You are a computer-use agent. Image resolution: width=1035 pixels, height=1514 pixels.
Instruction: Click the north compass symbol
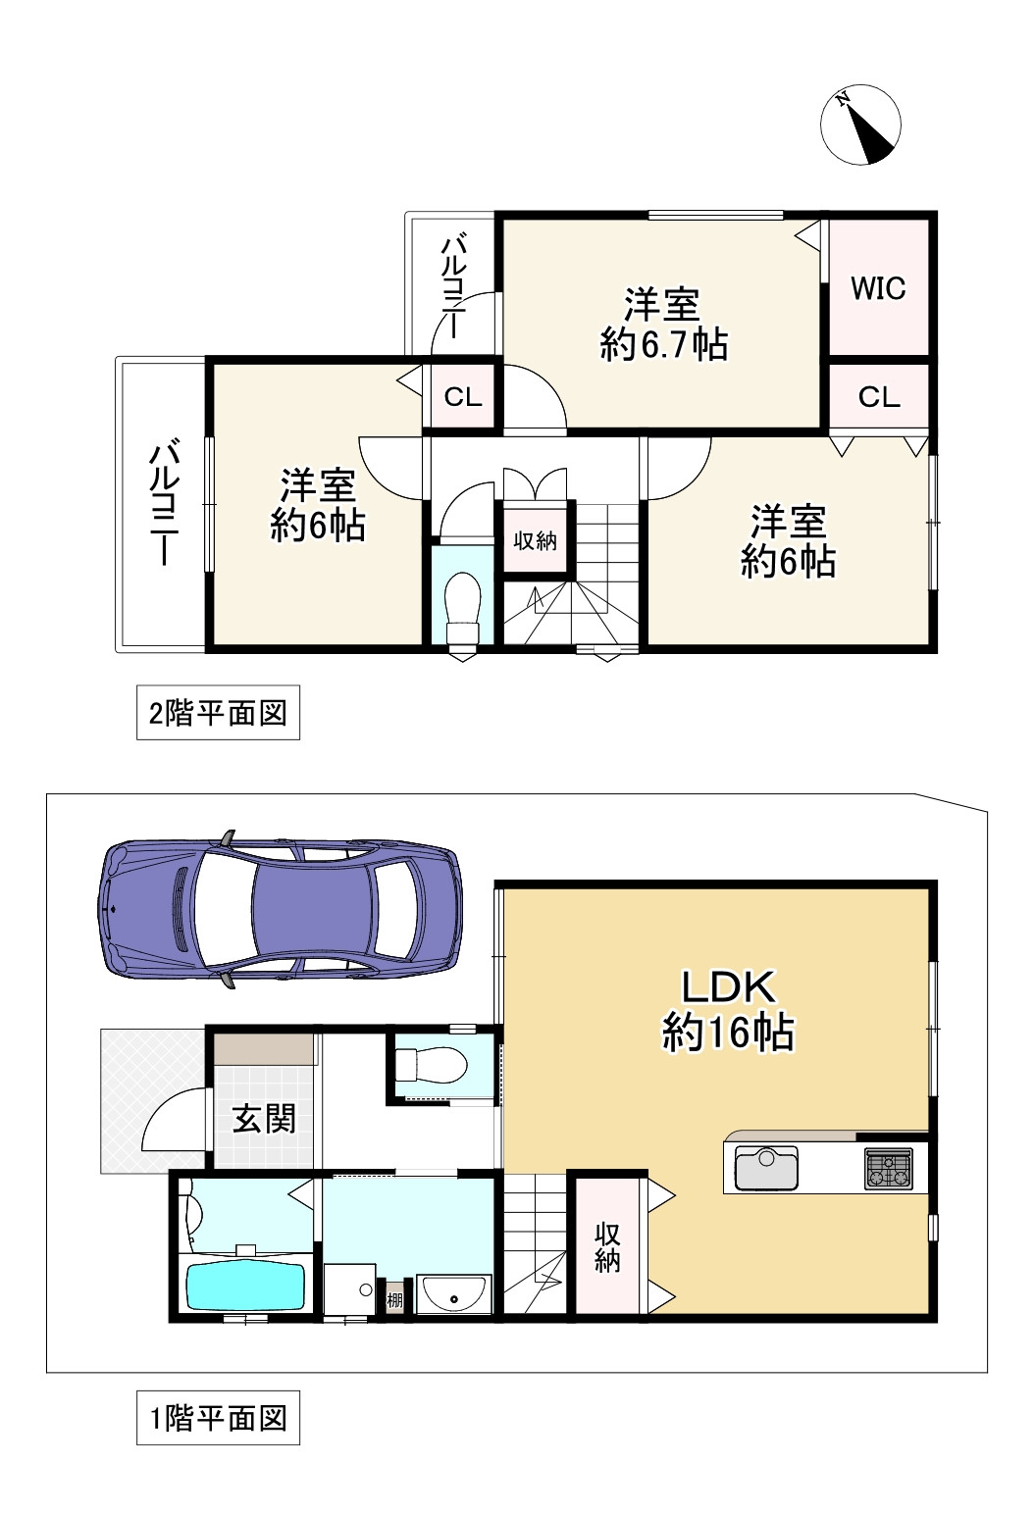click(860, 125)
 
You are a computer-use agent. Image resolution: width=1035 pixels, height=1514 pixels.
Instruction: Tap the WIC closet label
click(878, 288)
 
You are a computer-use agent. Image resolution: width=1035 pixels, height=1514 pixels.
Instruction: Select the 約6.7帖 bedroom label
click(663, 325)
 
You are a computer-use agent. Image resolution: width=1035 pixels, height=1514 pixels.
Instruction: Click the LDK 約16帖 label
click(728, 1010)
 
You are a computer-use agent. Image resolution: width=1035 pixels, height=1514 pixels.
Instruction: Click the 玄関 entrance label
click(264, 1118)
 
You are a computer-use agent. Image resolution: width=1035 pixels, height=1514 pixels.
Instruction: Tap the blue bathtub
click(246, 1286)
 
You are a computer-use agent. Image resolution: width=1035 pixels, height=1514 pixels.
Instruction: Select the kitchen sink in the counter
click(766, 1168)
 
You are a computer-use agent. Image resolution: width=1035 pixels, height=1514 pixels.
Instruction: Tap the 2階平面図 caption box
click(218, 713)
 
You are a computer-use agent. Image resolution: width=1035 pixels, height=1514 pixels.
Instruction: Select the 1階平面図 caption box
click(218, 1418)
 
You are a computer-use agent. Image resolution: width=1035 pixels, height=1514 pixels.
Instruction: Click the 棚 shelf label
click(394, 1300)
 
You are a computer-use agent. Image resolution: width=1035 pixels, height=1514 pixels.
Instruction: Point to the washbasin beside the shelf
click(453, 1293)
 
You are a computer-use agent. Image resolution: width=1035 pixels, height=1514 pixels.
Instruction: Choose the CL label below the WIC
click(879, 396)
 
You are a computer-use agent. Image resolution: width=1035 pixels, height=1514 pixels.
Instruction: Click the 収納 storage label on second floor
click(536, 540)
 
